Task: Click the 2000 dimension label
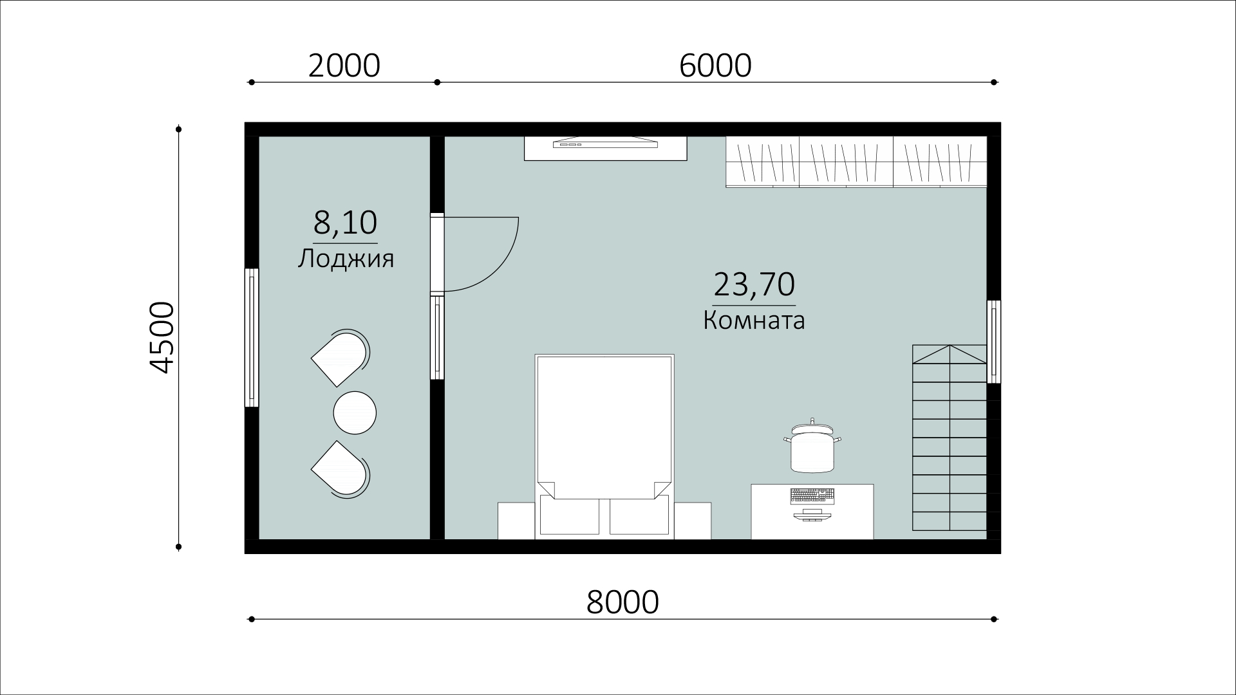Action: coord(344,66)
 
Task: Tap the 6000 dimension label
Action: coord(715,66)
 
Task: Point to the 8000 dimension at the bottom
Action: coord(623,602)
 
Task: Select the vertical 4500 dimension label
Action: coord(162,337)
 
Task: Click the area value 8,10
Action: coord(345,223)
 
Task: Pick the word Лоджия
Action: coord(346,259)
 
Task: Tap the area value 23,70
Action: coord(754,284)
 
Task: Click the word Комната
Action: coord(754,320)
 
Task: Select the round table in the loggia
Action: coord(355,412)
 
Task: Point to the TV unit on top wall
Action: coord(606,148)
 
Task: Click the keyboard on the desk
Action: coord(812,496)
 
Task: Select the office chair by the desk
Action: coord(812,445)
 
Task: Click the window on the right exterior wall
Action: coord(994,341)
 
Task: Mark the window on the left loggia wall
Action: coord(252,338)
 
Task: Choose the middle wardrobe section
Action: coord(846,162)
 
